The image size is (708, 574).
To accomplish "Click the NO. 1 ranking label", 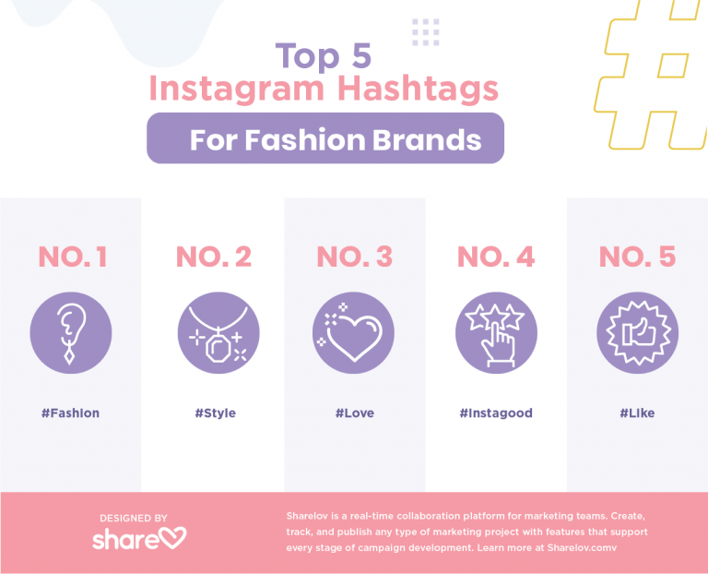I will point(72,257).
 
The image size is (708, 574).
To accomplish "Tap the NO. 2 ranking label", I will point(213,257).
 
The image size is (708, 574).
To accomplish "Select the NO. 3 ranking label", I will point(355,257).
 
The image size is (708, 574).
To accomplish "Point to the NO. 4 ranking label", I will point(496,257).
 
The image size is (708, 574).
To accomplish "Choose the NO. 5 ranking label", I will point(637,257).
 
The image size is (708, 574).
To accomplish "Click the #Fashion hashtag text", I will point(70,413).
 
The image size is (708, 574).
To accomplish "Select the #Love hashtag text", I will point(355,413).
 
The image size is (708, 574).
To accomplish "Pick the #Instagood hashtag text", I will point(496,413).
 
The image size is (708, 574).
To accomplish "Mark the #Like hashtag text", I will point(637,413).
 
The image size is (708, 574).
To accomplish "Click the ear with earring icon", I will point(71,333).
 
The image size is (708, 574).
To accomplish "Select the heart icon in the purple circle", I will point(355,333).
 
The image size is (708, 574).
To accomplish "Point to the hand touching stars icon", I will point(496,333).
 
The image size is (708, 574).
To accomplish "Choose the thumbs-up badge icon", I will point(637,333).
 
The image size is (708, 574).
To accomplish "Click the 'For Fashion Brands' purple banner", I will point(325,139).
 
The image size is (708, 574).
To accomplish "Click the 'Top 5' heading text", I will point(324,56).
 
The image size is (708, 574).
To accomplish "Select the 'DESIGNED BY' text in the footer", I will point(135,519).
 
